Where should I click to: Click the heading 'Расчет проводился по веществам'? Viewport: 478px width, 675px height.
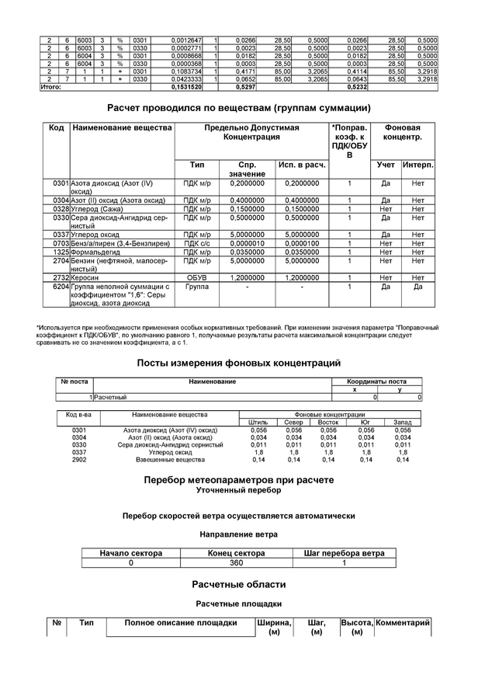pos(238,107)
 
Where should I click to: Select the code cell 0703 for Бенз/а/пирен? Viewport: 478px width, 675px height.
pos(61,243)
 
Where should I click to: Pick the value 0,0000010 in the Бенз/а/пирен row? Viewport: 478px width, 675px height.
pos(247,243)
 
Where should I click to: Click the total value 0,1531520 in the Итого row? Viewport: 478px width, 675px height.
pos(188,87)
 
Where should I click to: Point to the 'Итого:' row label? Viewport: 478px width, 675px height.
pos(50,87)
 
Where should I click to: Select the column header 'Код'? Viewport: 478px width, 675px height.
pos(56,127)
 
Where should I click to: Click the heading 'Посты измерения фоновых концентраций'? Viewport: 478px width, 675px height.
pos(238,363)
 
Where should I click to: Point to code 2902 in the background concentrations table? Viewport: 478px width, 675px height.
pos(79,460)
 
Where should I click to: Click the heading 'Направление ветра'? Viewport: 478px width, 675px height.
pos(238,534)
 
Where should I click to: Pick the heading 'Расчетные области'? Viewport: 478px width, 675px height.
pos(238,584)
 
